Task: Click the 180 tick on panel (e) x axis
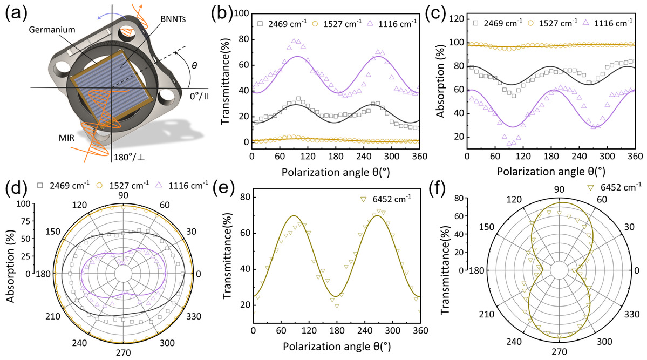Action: [337, 330]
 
